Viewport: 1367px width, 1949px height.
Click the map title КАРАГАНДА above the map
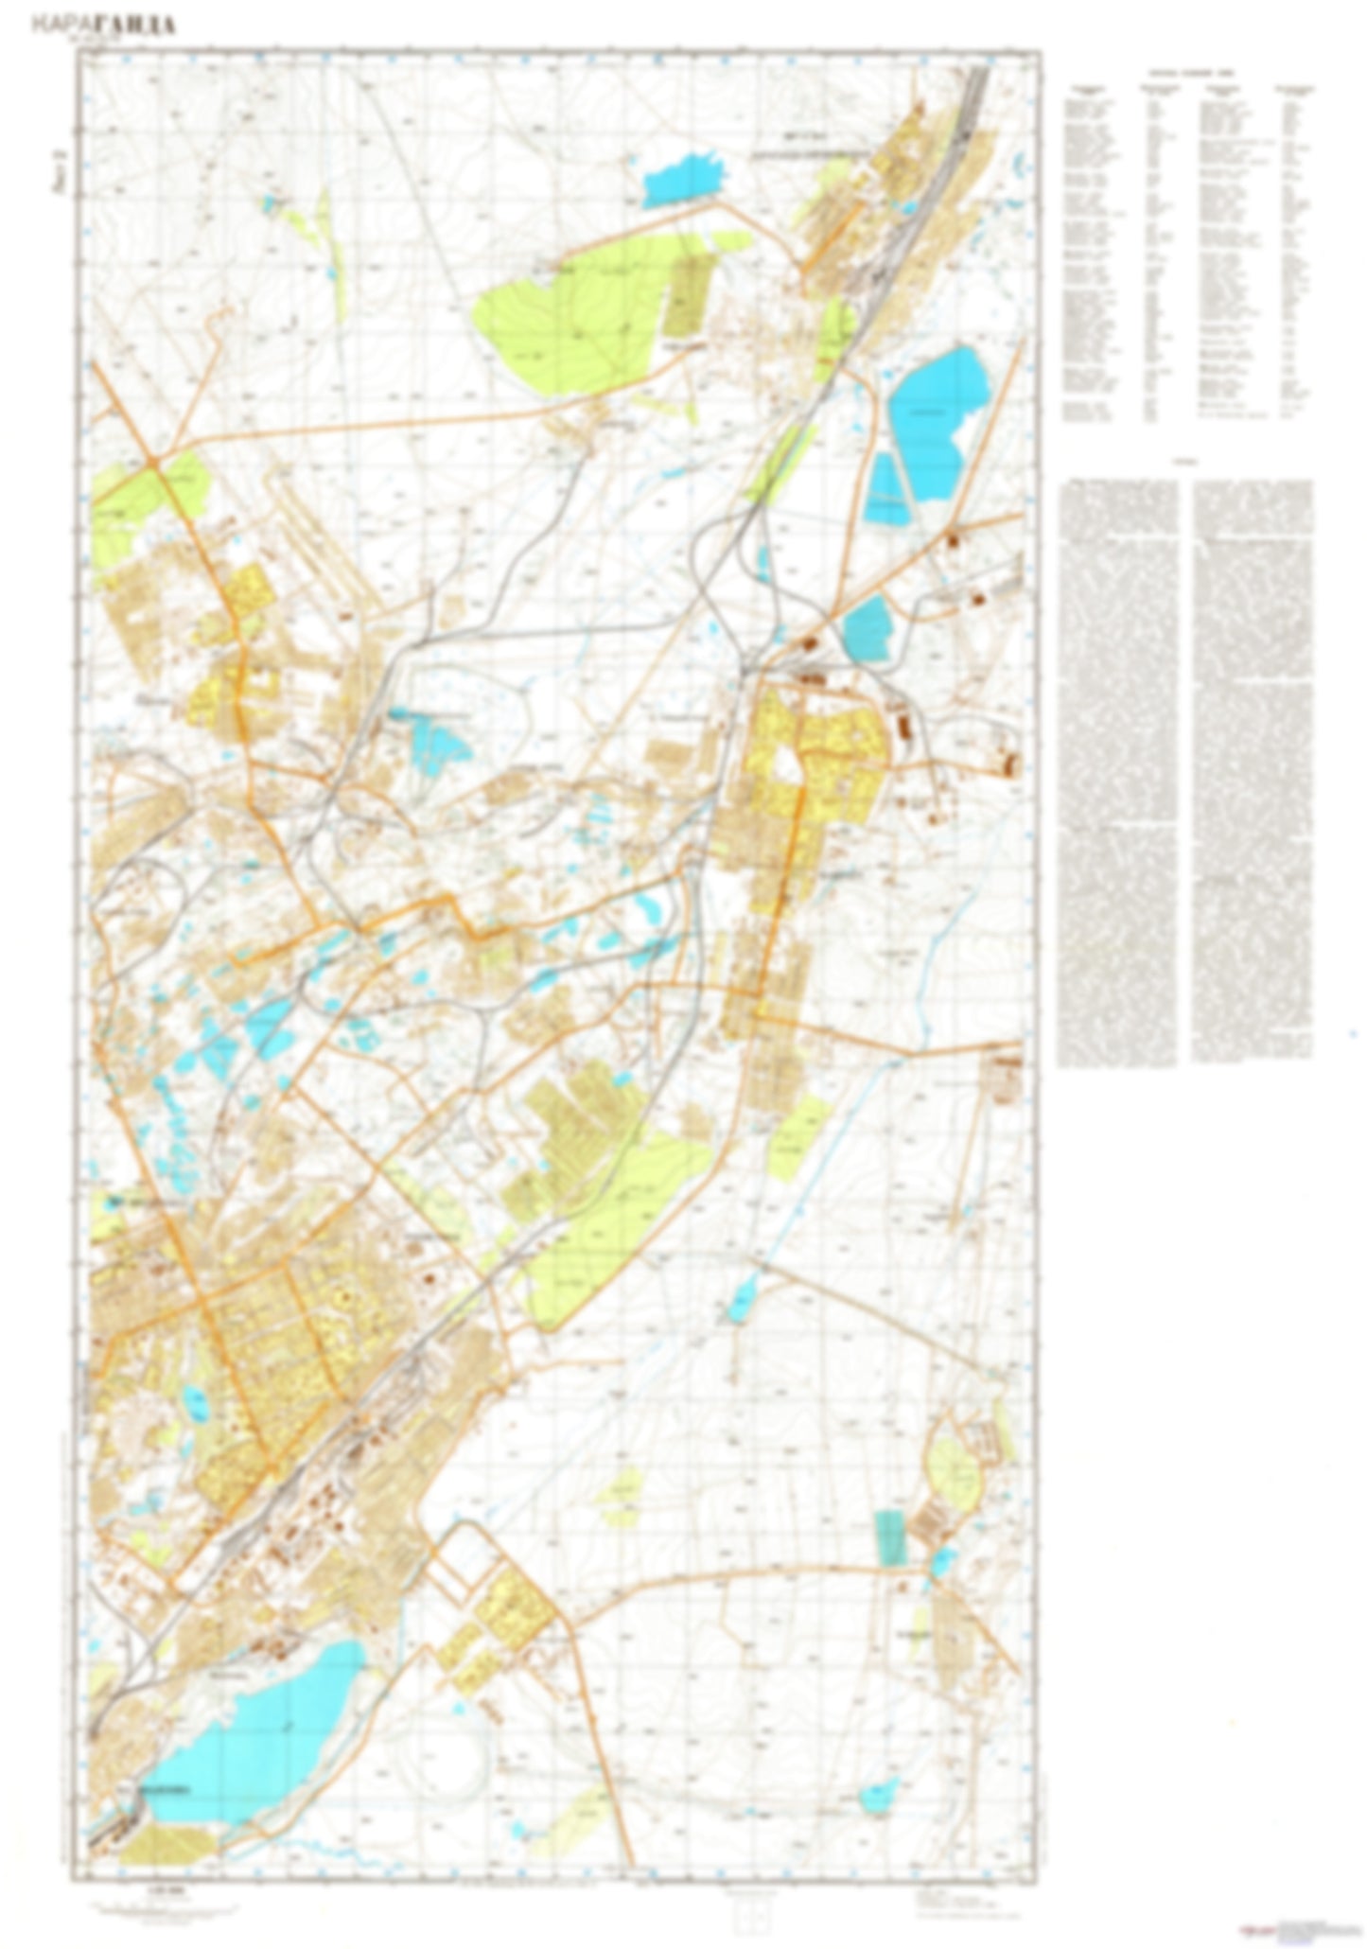(x=103, y=25)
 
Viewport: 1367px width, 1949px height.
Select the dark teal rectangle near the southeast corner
(x=889, y=1536)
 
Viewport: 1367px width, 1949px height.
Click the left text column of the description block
(x=1117, y=771)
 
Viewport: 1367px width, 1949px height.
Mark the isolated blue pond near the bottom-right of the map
(x=879, y=1792)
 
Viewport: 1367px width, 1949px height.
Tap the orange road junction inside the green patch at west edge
(x=151, y=463)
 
